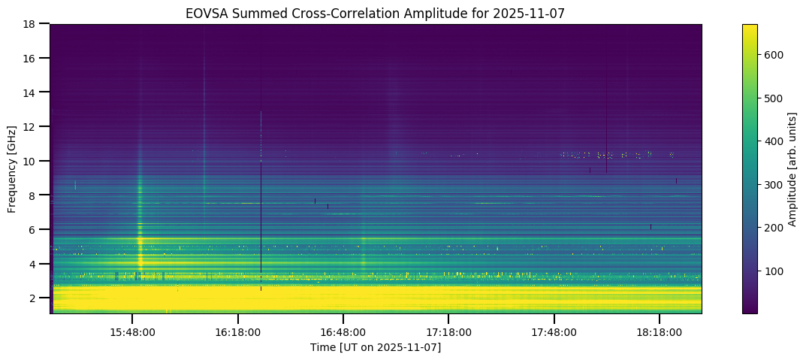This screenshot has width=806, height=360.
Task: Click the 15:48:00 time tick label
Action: pos(132,331)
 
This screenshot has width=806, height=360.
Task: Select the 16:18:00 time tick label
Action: pos(238,331)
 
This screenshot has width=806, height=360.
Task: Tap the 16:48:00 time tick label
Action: pos(343,331)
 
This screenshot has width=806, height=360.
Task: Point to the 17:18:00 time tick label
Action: pos(448,331)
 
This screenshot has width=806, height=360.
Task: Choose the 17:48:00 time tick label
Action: pos(554,331)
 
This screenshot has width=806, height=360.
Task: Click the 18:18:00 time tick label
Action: pos(660,331)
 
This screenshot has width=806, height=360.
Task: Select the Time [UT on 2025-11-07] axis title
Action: pos(376,347)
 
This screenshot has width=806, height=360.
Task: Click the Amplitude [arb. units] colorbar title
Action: pos(792,168)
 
